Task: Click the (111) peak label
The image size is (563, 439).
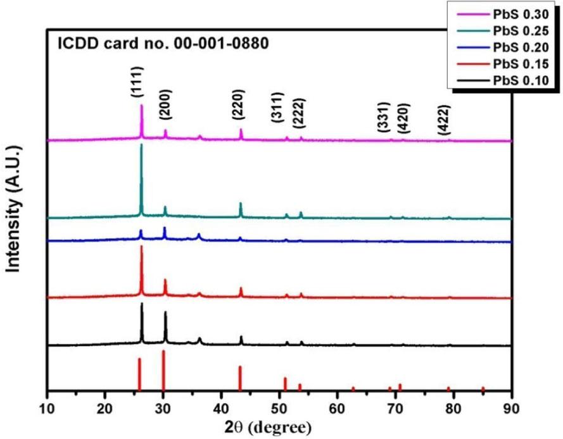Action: pyautogui.click(x=137, y=82)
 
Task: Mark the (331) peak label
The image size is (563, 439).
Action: pyautogui.click(x=383, y=116)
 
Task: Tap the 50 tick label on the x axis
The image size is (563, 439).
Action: pyautogui.click(x=279, y=406)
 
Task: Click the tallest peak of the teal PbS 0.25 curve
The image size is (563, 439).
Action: pyautogui.click(x=141, y=145)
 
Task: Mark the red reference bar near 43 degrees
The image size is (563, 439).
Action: pyautogui.click(x=240, y=378)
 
